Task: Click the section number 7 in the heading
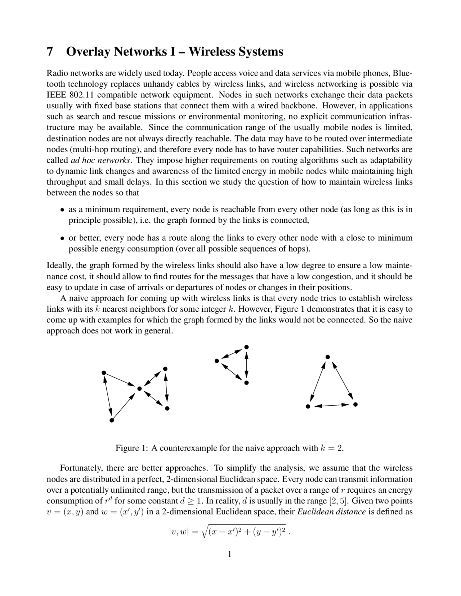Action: click(x=50, y=52)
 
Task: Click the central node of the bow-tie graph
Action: click(x=139, y=388)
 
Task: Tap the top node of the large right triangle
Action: click(x=328, y=357)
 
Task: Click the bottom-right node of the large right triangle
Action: click(x=355, y=405)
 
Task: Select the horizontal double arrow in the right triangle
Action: click(x=331, y=406)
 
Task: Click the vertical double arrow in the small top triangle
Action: click(x=246, y=365)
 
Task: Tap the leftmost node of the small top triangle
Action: click(x=216, y=361)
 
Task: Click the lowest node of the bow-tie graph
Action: click(x=112, y=420)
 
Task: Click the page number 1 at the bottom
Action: click(x=229, y=554)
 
